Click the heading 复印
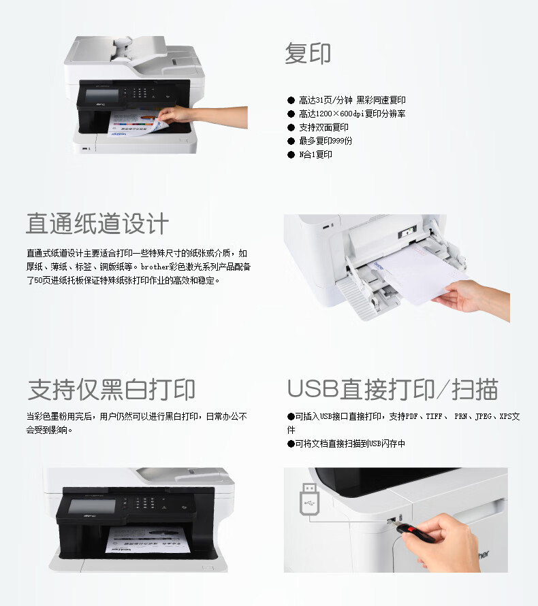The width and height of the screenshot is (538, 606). (x=308, y=53)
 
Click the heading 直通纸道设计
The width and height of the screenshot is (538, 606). (x=97, y=223)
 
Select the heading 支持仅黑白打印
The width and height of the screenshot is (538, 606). (x=112, y=390)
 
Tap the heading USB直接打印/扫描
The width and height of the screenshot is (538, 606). (x=392, y=389)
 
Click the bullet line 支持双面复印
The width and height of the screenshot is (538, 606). (x=323, y=127)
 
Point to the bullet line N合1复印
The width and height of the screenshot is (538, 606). (x=315, y=154)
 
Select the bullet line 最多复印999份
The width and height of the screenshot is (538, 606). (x=326, y=141)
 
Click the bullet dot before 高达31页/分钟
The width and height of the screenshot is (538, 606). (x=291, y=101)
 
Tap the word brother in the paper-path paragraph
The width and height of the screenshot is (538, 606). (x=155, y=267)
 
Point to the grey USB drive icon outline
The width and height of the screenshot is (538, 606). (x=310, y=499)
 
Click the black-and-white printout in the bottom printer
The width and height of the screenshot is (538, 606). (x=148, y=539)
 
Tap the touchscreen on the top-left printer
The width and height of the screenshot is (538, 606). (x=101, y=96)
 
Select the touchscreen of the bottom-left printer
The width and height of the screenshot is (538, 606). (x=92, y=506)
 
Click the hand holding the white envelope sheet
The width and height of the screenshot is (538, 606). (x=471, y=299)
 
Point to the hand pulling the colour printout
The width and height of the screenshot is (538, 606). (x=202, y=117)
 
